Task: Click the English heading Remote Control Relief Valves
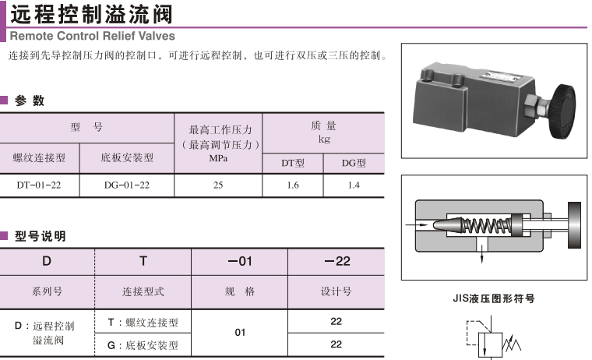click(x=92, y=35)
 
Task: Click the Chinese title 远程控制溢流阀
click(x=92, y=14)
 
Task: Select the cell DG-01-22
click(x=126, y=185)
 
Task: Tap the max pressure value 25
click(x=218, y=185)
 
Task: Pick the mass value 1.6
click(x=293, y=185)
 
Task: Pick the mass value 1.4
click(x=354, y=185)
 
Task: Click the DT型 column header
click(x=293, y=163)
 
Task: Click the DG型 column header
click(x=354, y=163)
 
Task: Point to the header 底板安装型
click(x=127, y=157)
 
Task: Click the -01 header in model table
click(x=240, y=261)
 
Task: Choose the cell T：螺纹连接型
click(x=143, y=322)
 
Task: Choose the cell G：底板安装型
click(x=143, y=344)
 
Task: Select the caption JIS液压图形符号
click(x=494, y=298)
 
